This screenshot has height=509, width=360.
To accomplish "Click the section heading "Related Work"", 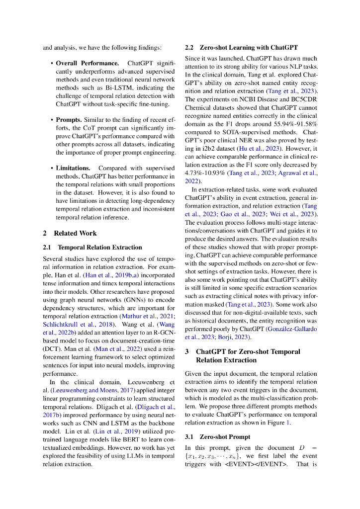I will tap(75, 233).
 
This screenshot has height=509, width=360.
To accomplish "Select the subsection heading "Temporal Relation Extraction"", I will tap(100, 247).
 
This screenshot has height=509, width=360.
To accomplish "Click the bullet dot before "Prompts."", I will tap(52, 120).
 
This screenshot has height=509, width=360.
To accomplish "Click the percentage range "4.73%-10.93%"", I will tap(208, 173).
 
